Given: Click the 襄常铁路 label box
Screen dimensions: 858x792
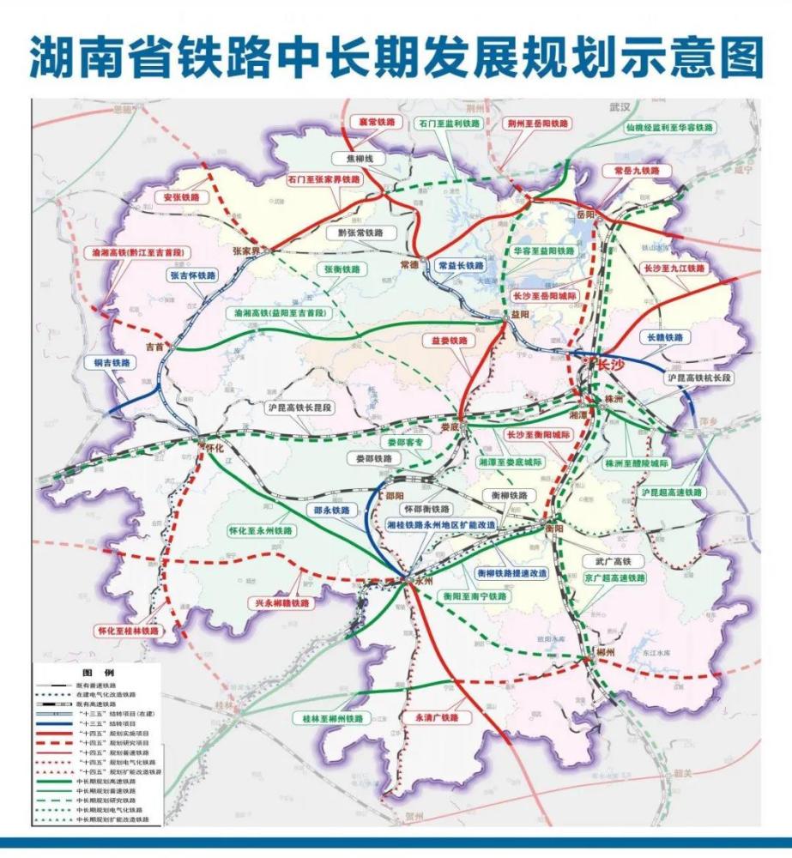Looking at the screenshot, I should (x=380, y=124).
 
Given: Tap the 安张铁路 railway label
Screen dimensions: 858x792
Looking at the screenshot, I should (x=181, y=196).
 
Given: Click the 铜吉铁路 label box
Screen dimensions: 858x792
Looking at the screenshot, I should (x=112, y=363).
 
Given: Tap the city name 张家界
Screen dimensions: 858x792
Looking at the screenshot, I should (x=250, y=251).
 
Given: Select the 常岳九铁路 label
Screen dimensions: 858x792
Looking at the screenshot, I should (x=631, y=171).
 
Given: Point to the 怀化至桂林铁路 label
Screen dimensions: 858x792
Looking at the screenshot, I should (x=129, y=630).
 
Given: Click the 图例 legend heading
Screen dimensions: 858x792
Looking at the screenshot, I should (x=92, y=673).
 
